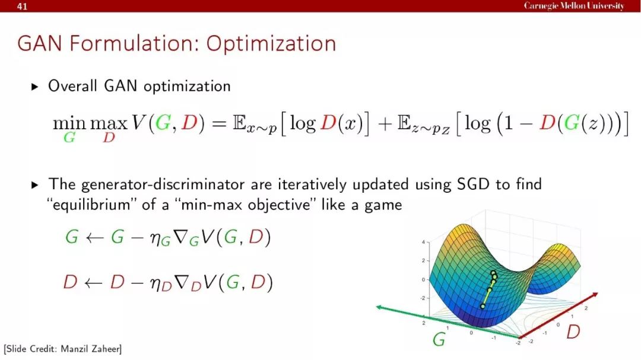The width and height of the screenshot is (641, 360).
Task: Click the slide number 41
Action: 22,6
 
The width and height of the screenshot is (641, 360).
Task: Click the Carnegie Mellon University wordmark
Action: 574,6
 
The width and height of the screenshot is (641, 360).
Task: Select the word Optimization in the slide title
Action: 271,44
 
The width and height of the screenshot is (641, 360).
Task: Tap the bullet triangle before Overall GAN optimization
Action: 35,87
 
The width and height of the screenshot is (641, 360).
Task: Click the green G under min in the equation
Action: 69,138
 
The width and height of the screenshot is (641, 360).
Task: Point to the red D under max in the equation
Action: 109,138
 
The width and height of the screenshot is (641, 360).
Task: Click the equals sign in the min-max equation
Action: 219,123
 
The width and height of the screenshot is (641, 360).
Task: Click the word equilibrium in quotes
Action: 91,204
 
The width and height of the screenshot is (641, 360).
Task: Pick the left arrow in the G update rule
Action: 94,237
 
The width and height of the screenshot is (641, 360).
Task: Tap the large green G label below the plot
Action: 439,339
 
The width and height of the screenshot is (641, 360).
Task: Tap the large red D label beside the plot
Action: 573,332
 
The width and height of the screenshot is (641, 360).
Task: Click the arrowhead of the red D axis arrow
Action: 595,295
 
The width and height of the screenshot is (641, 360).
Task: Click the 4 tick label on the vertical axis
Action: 423,243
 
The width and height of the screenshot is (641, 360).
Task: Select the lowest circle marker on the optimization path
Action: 483,306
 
